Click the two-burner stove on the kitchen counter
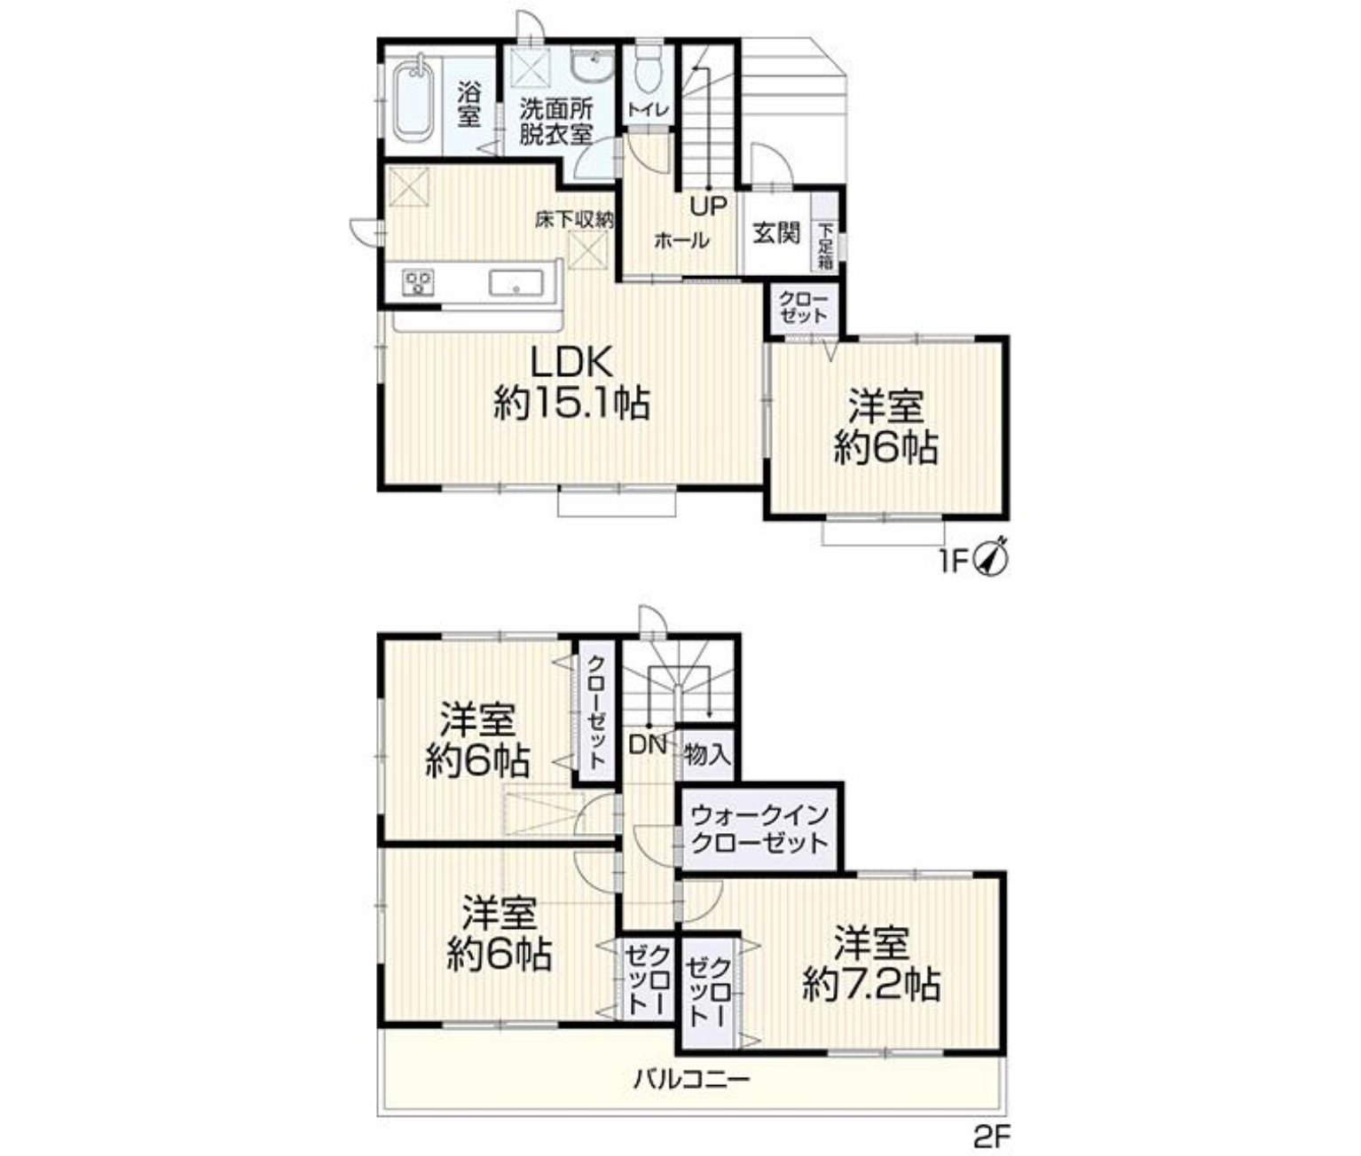[x=419, y=283]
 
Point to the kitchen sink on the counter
[x=516, y=283]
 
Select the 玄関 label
[x=777, y=232]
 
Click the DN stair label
[x=648, y=745]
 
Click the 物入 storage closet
[x=707, y=754]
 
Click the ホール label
[x=681, y=241]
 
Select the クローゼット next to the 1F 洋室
[x=803, y=308]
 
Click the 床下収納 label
[x=574, y=220]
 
